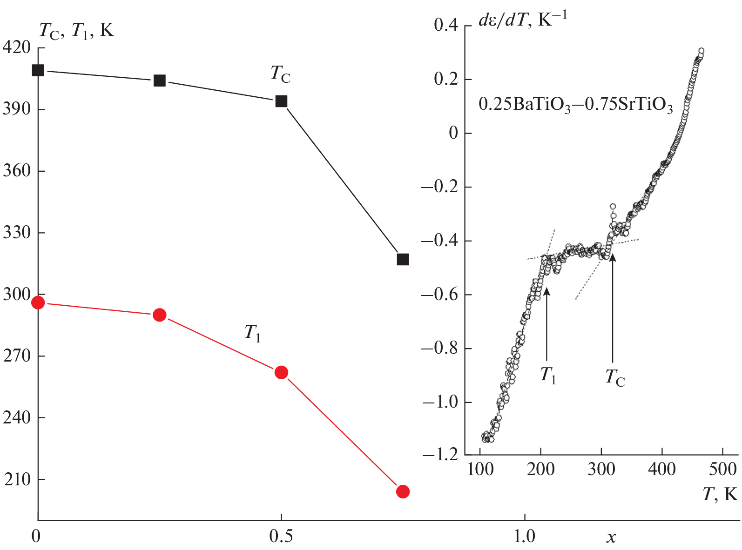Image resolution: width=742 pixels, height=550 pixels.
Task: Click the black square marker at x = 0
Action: tap(38, 70)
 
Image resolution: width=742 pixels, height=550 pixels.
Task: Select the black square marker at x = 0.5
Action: tap(281, 101)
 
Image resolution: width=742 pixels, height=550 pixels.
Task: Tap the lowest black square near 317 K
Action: tap(403, 259)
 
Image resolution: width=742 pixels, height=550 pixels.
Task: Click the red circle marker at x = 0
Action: tap(38, 303)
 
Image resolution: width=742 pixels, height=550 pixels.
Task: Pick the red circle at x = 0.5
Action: tap(281, 372)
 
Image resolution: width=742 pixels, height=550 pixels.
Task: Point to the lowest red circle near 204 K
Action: tap(403, 491)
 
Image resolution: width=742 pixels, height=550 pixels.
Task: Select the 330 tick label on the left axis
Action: tap(16, 232)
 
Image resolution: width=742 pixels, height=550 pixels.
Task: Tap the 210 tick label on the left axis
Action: tap(16, 479)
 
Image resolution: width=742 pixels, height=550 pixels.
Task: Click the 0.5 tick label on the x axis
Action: tap(281, 537)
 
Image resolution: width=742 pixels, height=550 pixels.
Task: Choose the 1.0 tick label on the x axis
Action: tap(525, 537)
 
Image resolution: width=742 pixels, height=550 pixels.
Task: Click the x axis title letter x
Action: tap(611, 538)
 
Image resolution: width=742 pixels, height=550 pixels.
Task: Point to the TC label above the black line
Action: tap(280, 74)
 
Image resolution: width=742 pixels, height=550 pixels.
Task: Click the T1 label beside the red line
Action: tap(252, 333)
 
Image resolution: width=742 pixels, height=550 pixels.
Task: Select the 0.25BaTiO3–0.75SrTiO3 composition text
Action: tap(575, 105)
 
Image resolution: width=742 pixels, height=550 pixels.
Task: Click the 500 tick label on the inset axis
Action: tap(722, 469)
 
